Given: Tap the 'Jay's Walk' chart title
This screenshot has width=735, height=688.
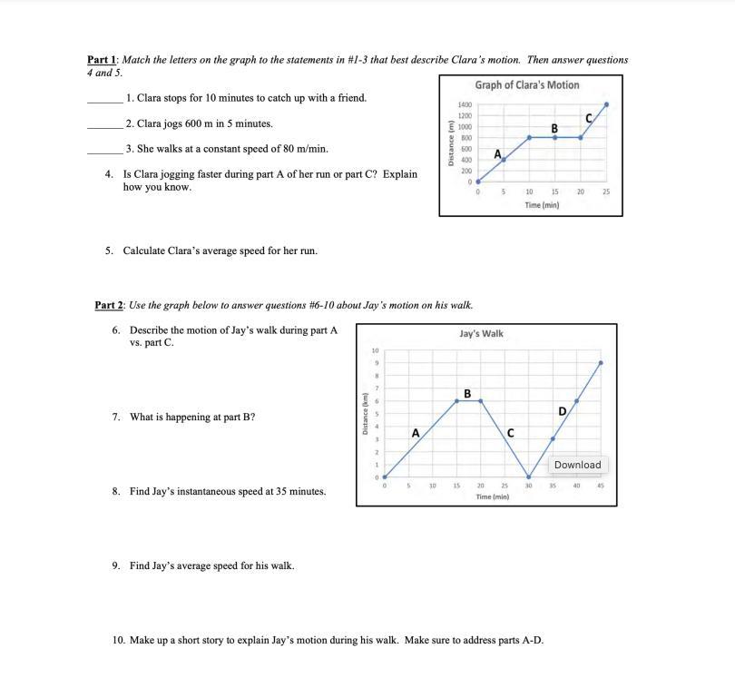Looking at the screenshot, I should coord(481,334).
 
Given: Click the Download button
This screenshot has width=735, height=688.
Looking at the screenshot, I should coord(577,465).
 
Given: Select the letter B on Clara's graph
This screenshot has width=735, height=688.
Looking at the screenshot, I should coord(554,128).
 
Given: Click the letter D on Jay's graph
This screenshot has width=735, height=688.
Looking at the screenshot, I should coord(562,411).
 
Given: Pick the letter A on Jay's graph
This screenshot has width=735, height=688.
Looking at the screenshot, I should coord(415,433).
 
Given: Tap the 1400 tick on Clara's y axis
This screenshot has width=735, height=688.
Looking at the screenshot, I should coord(465,106).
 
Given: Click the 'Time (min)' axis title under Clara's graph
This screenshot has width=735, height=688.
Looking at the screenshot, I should coord(542,205).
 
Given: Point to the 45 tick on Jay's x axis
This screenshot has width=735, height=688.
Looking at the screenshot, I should coord(601,486).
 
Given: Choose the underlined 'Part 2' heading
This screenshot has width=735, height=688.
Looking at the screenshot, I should coord(109,305).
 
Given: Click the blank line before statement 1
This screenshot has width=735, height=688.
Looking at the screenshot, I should coord(103,101).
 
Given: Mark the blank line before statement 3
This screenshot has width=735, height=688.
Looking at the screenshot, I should coord(103,152).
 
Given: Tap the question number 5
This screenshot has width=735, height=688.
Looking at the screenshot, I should coord(109,251).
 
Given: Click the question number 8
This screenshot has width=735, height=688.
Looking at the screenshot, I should coord(116,492).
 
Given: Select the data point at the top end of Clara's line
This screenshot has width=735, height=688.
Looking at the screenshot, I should coord(606,104).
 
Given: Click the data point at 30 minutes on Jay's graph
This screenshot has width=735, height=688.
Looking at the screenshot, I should coord(529,477).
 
